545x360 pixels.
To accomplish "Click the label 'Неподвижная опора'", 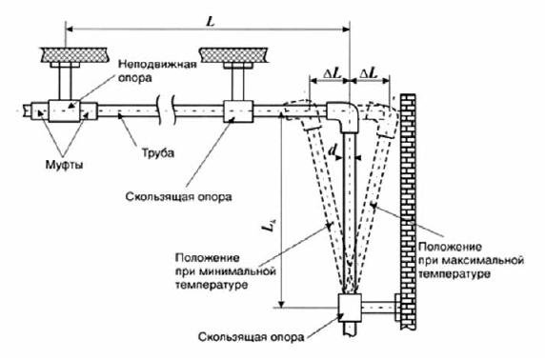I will (157, 71).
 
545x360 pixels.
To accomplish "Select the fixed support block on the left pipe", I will (66, 112).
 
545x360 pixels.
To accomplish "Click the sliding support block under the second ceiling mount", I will (238, 111).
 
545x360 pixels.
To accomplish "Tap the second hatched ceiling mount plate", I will (237, 52).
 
